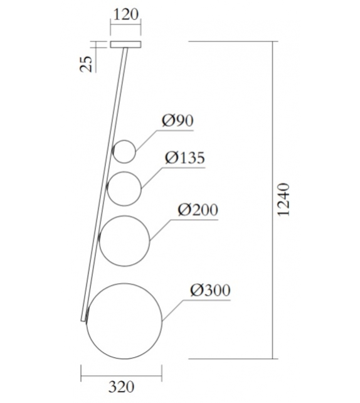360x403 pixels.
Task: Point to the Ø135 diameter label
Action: coord(185,158)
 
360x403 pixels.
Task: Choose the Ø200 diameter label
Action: coord(198,210)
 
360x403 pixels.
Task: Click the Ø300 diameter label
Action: coord(210,291)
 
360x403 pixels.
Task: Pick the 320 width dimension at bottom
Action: coord(120,387)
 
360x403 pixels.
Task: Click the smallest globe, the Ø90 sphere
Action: coord(124,151)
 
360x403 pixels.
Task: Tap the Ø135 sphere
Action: coord(125,187)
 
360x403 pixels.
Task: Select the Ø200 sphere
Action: coord(125,239)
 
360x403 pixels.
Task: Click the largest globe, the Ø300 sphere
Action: coord(125,321)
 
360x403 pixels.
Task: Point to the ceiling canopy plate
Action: coord(125,45)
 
